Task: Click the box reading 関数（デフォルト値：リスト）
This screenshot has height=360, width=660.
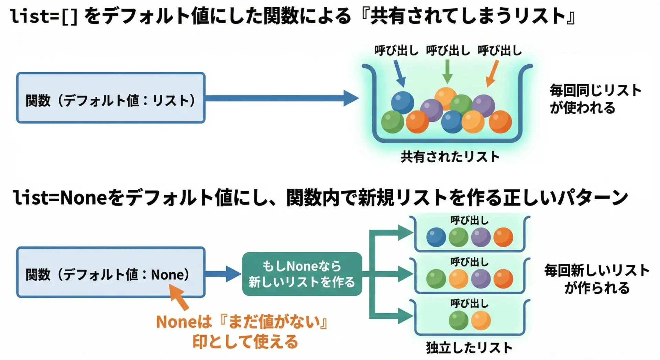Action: click(x=111, y=98)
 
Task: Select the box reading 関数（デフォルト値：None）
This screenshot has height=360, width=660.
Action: click(x=111, y=272)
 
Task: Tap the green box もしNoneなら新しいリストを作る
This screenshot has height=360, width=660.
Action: click(x=302, y=274)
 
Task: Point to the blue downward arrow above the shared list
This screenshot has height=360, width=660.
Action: click(x=399, y=73)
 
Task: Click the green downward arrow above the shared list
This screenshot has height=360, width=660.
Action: click(x=447, y=72)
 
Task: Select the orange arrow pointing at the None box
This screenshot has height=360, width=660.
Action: click(x=179, y=297)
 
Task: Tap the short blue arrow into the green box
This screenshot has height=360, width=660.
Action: click(x=223, y=274)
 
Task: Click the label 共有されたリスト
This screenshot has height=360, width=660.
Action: click(x=450, y=157)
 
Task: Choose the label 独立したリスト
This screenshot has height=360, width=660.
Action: click(x=469, y=348)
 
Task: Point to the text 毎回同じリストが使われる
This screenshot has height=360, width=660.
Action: click(x=595, y=99)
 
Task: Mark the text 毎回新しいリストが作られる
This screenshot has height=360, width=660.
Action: click(x=597, y=279)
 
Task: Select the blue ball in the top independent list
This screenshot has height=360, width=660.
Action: click(x=436, y=237)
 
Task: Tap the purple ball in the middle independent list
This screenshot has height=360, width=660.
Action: click(x=481, y=279)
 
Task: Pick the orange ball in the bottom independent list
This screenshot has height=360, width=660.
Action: click(x=481, y=320)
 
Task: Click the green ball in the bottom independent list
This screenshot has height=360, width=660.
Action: click(x=459, y=320)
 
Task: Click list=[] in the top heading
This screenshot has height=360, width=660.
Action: click(x=44, y=17)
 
